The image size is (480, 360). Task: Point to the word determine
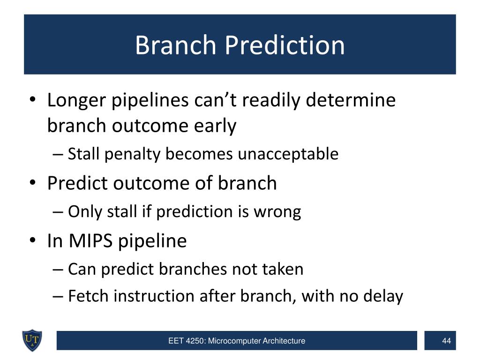click(351, 100)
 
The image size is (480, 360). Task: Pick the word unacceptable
click(288, 154)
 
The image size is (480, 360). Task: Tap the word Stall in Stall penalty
click(83, 153)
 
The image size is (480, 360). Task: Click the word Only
click(85, 212)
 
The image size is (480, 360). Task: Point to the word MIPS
click(90, 240)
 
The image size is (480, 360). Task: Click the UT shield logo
click(32, 340)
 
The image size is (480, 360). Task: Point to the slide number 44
click(446, 341)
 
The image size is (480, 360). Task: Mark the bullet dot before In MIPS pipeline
click(33, 240)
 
